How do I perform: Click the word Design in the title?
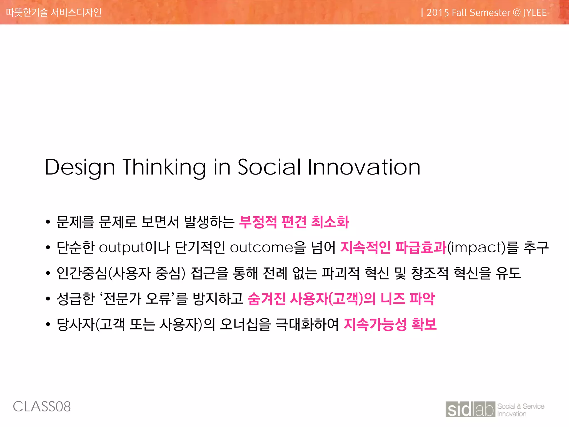pos(80,167)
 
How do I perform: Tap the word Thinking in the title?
pos(164,167)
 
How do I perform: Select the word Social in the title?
pos(269,167)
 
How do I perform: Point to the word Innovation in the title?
pos(364,167)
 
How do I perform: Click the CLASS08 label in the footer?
pos(42,407)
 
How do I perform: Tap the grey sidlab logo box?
pos(470,409)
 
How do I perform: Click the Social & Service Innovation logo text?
pos(520,410)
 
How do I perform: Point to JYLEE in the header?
pos(535,13)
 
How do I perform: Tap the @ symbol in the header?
pos(516,13)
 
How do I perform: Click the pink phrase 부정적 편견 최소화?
pos(294,222)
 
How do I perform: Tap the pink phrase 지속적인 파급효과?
pos(393,247)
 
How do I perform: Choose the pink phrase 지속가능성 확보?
pos(390,324)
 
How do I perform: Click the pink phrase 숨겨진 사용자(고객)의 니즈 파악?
pos(341,299)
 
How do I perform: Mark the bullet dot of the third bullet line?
pos(48,273)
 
